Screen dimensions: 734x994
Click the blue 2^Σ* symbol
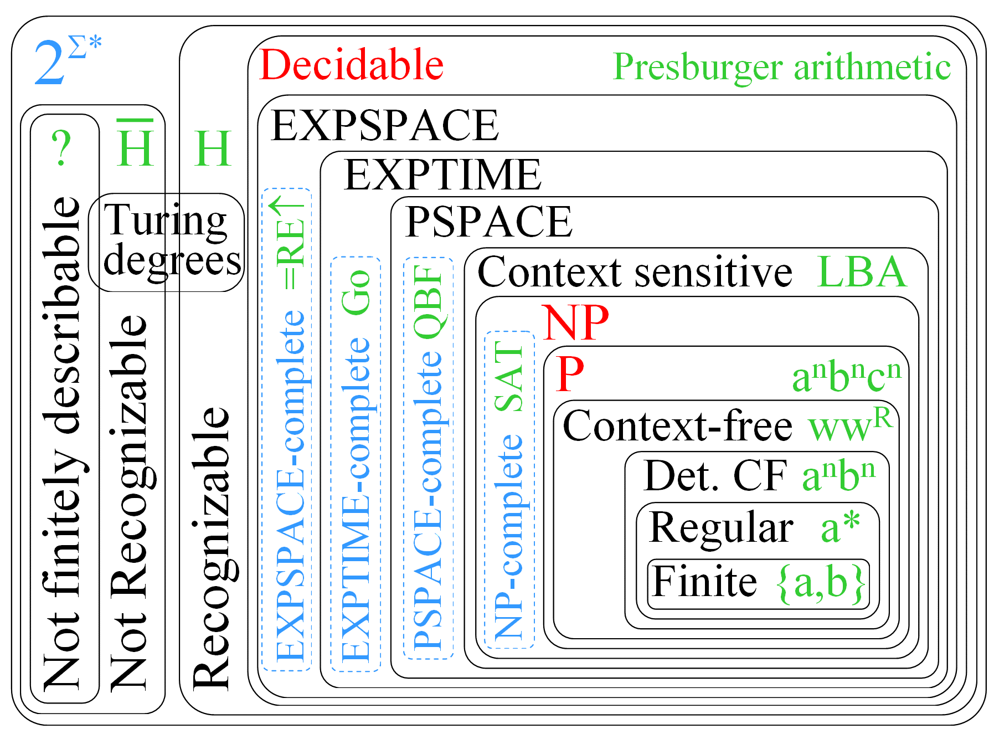point(66,61)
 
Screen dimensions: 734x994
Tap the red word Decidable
point(351,65)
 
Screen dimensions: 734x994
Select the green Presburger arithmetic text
point(781,68)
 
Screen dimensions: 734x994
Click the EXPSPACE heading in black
point(385,126)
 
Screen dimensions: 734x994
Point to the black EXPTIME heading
point(442,175)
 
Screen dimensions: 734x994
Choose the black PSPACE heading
point(488,222)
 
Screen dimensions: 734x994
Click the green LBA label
point(862,272)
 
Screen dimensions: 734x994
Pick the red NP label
point(576,322)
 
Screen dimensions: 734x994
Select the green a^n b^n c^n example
point(846,377)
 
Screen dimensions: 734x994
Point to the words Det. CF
point(715,476)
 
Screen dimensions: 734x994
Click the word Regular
point(721,527)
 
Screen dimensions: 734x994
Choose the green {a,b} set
point(822,583)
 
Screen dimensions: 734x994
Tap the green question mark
point(61,148)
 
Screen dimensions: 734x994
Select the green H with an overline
point(135,144)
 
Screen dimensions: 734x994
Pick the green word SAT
point(509,376)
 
